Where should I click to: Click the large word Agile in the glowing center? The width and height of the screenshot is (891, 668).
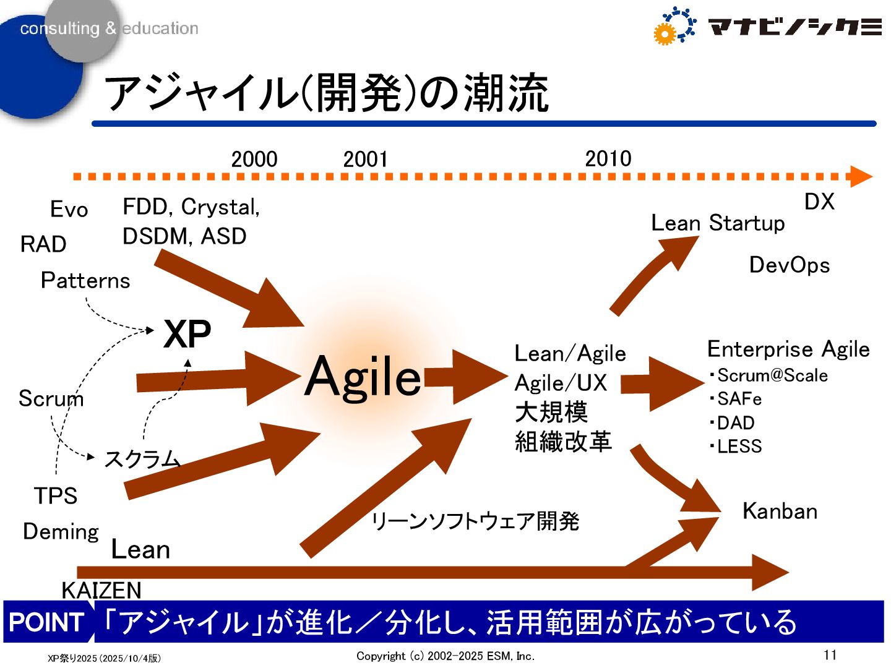pyautogui.click(x=363, y=376)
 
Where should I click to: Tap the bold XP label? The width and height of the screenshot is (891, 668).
pyautogui.click(x=187, y=335)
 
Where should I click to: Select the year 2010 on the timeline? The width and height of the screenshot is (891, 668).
pyautogui.click(x=608, y=159)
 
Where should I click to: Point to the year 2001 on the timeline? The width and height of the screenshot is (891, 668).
pyautogui.click(x=365, y=160)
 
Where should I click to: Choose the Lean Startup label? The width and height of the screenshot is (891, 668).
pyautogui.click(x=718, y=223)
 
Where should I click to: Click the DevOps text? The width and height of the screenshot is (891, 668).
pyautogui.click(x=790, y=265)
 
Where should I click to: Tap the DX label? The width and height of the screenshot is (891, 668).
pyautogui.click(x=819, y=202)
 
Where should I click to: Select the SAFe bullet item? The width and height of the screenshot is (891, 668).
pyautogui.click(x=739, y=399)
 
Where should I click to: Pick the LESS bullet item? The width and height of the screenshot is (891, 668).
pyautogui.click(x=739, y=446)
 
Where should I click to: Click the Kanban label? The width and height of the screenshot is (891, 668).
pyautogui.click(x=780, y=512)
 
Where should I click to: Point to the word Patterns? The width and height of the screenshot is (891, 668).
pyautogui.click(x=85, y=281)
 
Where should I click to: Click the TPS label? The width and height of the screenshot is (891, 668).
pyautogui.click(x=56, y=496)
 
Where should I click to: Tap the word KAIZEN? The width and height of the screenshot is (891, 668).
pyautogui.click(x=101, y=590)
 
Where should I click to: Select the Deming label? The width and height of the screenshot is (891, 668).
pyautogui.click(x=61, y=532)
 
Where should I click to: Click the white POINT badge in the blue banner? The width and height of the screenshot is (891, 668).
pyautogui.click(x=47, y=622)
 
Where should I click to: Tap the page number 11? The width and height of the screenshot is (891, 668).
pyautogui.click(x=830, y=654)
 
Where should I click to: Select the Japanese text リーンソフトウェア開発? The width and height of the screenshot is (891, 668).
pyautogui.click(x=475, y=521)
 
